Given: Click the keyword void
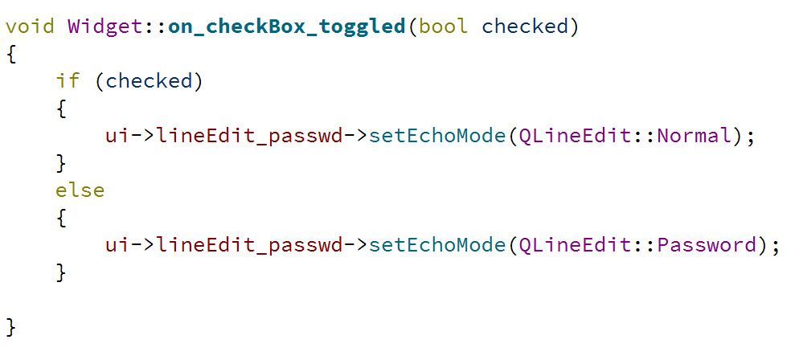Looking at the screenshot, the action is click(30, 26).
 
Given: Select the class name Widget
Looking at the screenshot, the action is click(104, 26).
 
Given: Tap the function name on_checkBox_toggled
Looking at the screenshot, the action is click(286, 27).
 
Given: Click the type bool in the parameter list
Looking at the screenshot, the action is click(443, 26).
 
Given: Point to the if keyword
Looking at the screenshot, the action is click(68, 80).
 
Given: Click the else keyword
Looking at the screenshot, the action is click(80, 190).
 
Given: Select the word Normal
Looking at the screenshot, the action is click(695, 135).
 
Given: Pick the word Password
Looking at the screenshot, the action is click(707, 245).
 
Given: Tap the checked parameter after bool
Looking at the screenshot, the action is click(524, 26).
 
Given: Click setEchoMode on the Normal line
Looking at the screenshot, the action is click(437, 135).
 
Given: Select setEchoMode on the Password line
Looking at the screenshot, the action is click(437, 245).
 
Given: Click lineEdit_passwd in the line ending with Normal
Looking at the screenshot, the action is click(249, 137).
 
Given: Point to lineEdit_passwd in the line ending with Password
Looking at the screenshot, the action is click(249, 246).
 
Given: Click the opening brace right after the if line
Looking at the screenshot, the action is click(61, 109).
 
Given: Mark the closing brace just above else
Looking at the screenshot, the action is click(61, 164).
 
